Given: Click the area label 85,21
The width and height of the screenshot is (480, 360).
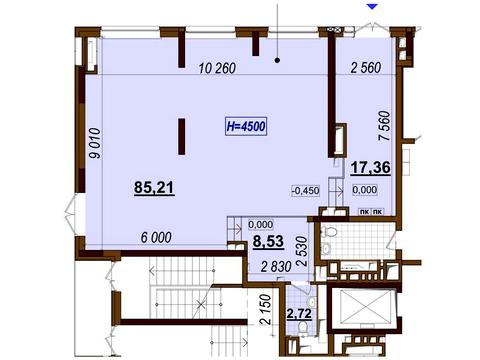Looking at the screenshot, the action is (154, 187).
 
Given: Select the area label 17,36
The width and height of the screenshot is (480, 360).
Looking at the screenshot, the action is (371, 167).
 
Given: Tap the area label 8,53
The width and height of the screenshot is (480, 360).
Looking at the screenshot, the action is (268, 241).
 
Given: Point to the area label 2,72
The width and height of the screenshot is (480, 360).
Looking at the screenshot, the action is (300, 314).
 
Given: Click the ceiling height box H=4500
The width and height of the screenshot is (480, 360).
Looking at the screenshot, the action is (246, 126).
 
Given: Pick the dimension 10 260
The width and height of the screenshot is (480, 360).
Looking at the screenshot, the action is (217, 68).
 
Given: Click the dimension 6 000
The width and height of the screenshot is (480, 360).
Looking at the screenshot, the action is (156, 238).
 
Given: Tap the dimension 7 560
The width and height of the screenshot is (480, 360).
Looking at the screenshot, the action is (384, 126).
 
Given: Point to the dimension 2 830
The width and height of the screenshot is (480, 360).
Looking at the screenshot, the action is (276, 267).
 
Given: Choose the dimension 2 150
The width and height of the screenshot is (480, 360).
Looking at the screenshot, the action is (265, 309).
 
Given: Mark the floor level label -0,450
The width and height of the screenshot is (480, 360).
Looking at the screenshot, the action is (306, 191).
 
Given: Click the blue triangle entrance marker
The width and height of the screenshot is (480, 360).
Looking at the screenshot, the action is (373, 6).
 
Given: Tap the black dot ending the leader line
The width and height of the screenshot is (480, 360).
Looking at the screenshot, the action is (277, 60).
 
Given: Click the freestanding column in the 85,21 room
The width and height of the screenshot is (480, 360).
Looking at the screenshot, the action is (182, 136).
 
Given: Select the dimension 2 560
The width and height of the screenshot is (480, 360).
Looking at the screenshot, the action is (366, 68).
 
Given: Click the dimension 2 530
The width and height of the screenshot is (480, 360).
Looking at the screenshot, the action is (303, 251).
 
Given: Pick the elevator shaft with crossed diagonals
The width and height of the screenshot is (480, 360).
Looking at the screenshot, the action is (363, 307).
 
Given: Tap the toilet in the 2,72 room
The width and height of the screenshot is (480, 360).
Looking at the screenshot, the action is (303, 327).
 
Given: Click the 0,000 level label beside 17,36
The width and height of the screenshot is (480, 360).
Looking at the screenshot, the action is (365, 190).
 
